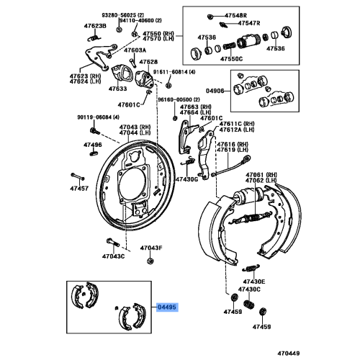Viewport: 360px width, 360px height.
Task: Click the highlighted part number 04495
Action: coord(167,307)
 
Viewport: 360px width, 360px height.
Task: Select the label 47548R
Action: coord(234,15)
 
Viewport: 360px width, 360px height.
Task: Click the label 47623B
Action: coord(94,26)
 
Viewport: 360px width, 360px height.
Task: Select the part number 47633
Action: coord(117,89)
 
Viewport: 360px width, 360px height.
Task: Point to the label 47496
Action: coord(92,144)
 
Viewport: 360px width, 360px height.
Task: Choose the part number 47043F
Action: coord(151,248)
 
